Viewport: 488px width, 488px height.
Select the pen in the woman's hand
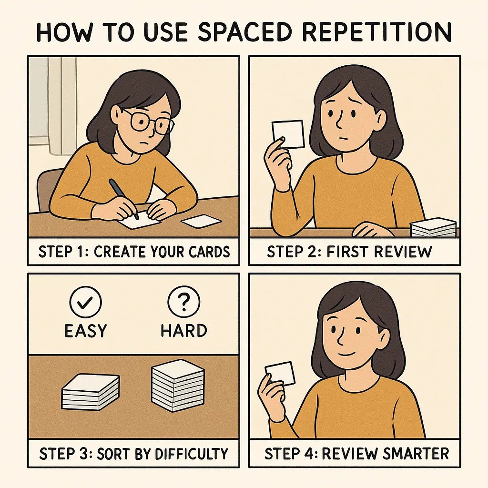[x=122, y=198]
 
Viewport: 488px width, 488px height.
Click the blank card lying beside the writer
[x=201, y=221]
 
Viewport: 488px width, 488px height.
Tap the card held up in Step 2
[x=288, y=134]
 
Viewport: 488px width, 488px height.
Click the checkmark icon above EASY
[x=85, y=301]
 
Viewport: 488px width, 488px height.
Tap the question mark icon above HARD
[x=184, y=301]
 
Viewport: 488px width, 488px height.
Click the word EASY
[x=85, y=330]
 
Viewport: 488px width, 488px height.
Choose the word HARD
[x=184, y=330]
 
